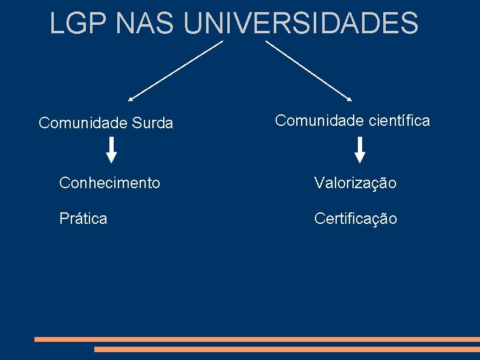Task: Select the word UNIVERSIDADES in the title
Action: (x=301, y=23)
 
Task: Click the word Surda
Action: (x=151, y=123)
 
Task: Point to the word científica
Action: (x=398, y=120)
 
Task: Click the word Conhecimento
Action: (x=109, y=182)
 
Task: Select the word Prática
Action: (x=83, y=218)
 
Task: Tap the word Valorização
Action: (x=355, y=183)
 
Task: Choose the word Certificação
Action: (x=355, y=219)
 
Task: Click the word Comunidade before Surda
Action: (x=82, y=123)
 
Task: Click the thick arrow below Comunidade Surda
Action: (x=112, y=150)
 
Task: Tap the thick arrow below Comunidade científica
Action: (x=360, y=150)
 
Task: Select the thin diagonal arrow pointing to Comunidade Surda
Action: (x=175, y=70)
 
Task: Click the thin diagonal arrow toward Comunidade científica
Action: (x=308, y=70)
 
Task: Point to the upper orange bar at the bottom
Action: (x=257, y=339)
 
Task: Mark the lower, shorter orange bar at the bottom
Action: (x=287, y=349)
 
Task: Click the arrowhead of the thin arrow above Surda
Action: (x=131, y=98)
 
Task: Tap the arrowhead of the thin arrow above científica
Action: (x=349, y=98)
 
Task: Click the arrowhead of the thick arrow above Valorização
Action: (x=360, y=158)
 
